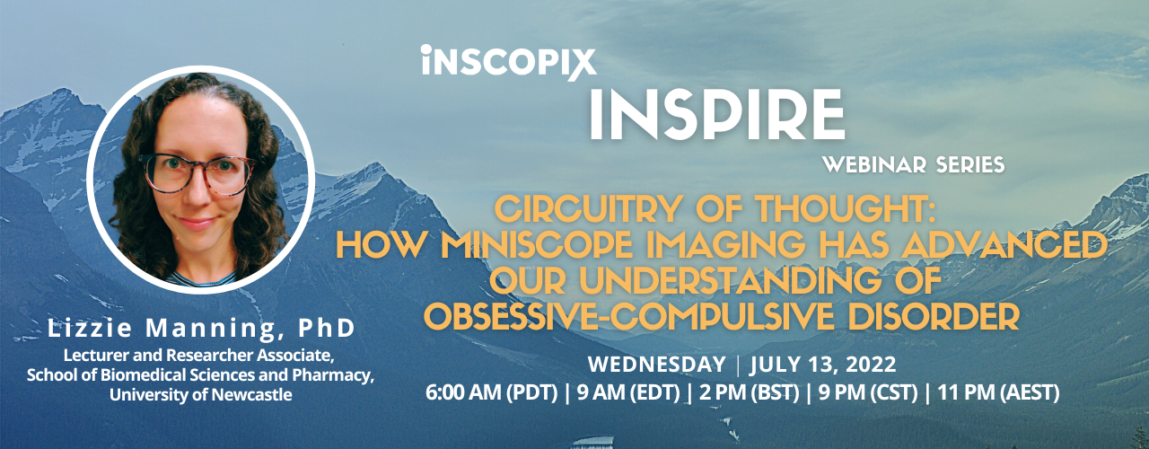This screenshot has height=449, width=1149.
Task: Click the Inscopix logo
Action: tap(508, 62)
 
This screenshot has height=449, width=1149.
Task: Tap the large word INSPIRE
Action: tap(716, 114)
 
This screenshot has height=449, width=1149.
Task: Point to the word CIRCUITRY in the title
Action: tap(586, 209)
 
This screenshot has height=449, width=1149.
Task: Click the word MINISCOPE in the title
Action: tap(536, 245)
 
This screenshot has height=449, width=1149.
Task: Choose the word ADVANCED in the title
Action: tap(1004, 245)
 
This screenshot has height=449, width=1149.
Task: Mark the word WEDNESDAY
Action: tap(657, 365)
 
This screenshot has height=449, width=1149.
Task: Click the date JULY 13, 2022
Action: tap(823, 365)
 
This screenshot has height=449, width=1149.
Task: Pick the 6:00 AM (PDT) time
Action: tap(491, 393)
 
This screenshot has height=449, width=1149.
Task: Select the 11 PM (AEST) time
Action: tap(998, 393)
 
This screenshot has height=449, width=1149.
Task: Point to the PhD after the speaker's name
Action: tap(326, 329)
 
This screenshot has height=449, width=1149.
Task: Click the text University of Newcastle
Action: tap(200, 394)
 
